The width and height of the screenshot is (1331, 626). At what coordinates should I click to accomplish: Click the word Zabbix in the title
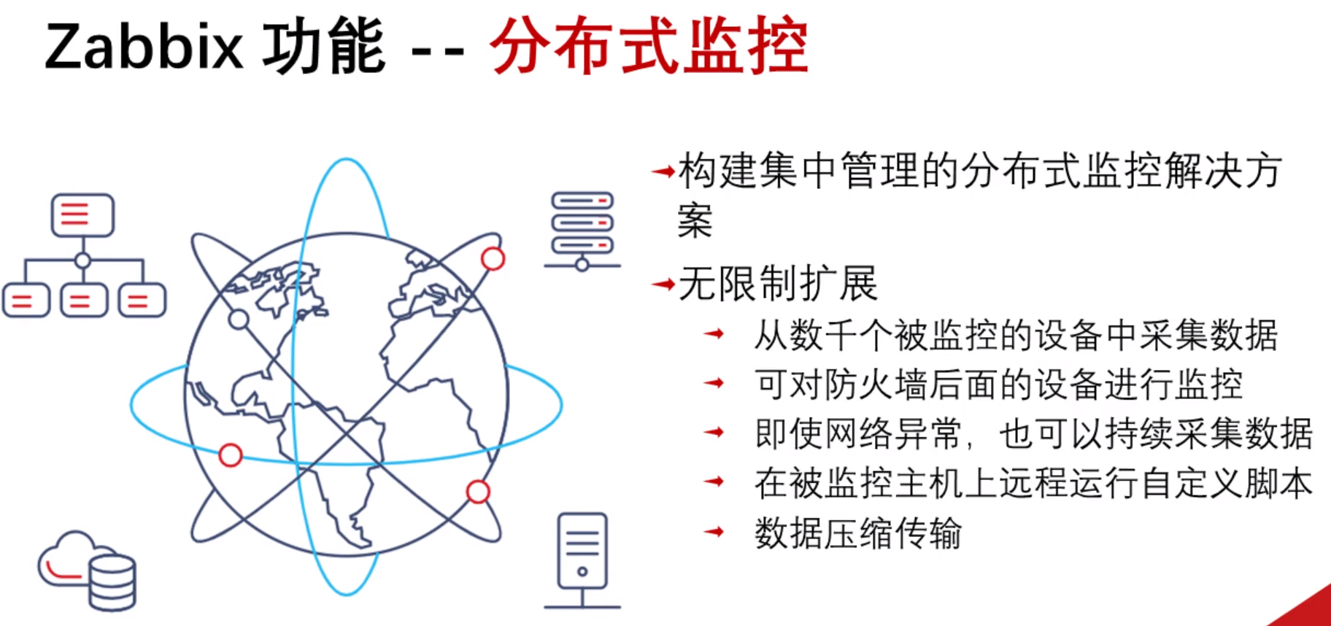click(143, 47)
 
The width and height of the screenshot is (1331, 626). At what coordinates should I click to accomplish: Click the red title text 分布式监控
click(649, 47)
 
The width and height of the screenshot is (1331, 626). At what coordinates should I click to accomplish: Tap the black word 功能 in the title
click(323, 47)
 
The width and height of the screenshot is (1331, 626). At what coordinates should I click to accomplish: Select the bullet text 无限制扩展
click(778, 283)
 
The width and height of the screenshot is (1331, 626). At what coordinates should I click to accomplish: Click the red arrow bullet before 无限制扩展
click(663, 284)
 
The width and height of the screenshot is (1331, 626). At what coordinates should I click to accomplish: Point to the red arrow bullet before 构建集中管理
click(663, 172)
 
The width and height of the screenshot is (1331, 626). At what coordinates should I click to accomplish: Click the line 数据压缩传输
click(858, 533)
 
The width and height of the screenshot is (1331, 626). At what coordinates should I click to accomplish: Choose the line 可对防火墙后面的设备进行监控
click(998, 384)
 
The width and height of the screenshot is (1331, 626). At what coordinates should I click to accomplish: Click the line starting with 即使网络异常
click(1033, 433)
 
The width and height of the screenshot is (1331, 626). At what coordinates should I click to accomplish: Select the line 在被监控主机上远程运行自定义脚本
click(1033, 483)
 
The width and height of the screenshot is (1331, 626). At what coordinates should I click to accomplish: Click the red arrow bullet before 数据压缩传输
click(714, 532)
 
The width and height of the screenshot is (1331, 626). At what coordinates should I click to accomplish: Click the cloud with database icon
click(88, 571)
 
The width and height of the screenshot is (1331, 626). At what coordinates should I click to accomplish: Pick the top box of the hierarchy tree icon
click(82, 215)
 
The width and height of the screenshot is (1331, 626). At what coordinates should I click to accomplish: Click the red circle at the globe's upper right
click(493, 258)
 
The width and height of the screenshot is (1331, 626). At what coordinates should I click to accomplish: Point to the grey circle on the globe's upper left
click(239, 319)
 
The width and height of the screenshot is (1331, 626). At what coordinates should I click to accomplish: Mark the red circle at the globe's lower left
click(231, 455)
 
